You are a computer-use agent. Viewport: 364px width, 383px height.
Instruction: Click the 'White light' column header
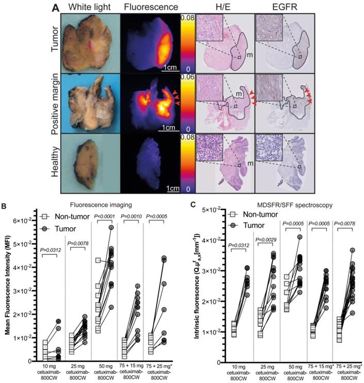[x=91, y=8]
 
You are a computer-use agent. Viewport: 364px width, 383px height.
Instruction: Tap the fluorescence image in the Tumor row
[x=150, y=43]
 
